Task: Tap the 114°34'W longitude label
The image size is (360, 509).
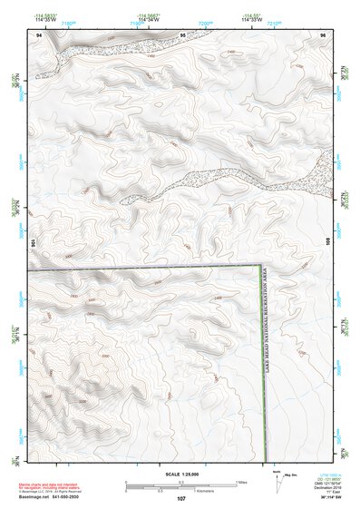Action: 151,21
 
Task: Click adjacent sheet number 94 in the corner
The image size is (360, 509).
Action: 38,34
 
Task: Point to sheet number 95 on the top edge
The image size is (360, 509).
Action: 182,34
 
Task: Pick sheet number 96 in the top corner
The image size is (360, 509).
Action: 323,34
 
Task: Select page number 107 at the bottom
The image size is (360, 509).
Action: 181,499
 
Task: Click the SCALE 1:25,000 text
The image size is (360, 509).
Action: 181,475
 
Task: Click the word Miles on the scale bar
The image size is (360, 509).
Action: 241,482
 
